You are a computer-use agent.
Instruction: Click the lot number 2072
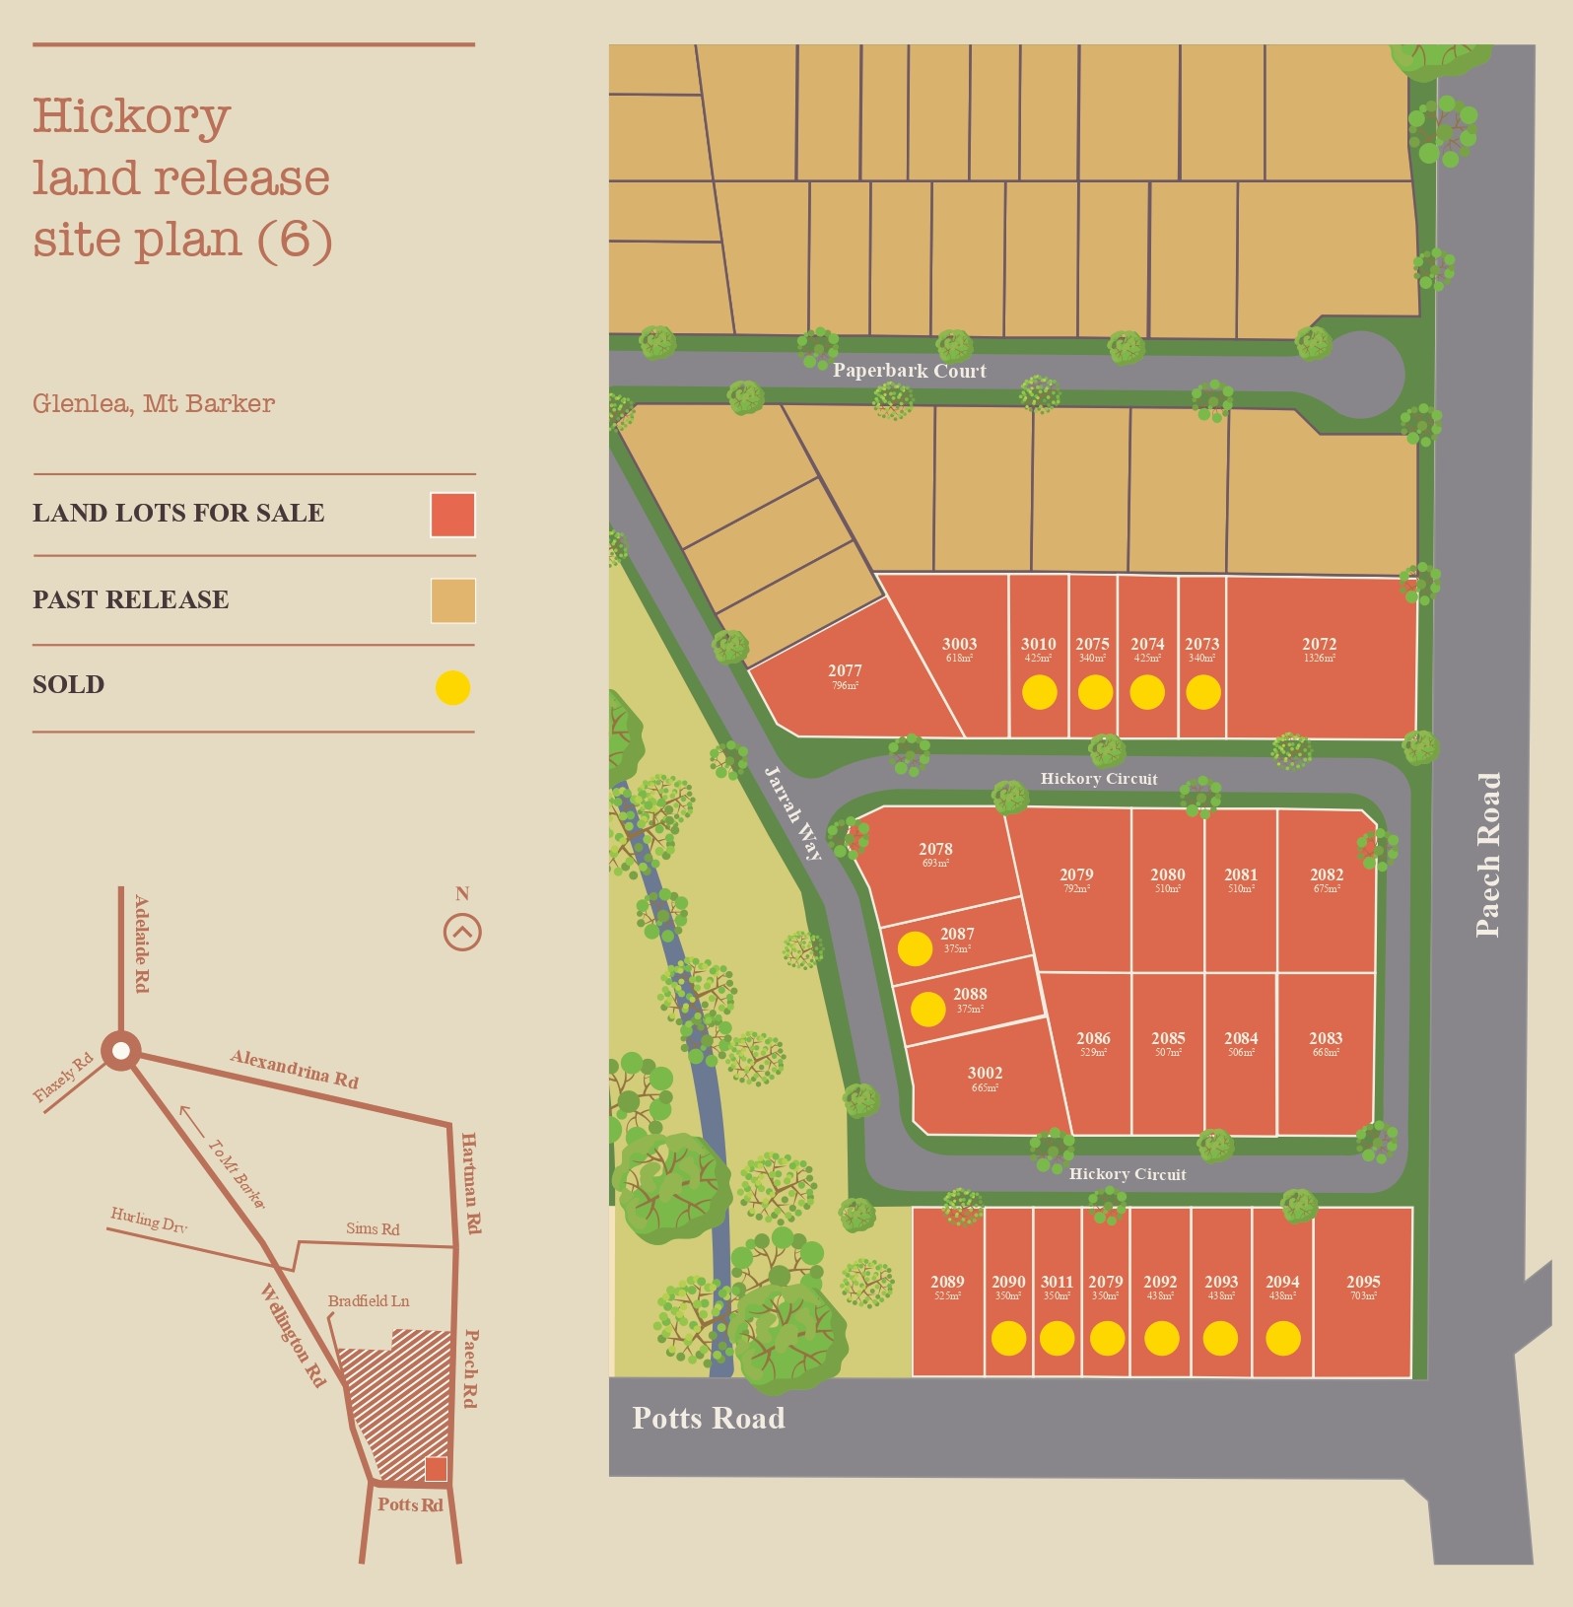(x=1319, y=645)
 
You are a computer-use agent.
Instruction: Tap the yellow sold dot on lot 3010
(x=1039, y=692)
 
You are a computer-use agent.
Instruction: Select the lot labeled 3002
(x=985, y=1074)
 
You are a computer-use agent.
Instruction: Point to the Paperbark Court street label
(x=909, y=371)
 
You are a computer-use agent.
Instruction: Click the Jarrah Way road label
(x=793, y=813)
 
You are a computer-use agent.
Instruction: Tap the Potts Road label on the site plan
(x=709, y=1419)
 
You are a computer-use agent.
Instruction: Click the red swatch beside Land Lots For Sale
(x=452, y=515)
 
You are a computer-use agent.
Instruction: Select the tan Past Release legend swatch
(x=452, y=600)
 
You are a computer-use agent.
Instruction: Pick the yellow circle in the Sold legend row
(x=452, y=687)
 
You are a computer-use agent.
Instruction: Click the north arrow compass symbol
(x=462, y=932)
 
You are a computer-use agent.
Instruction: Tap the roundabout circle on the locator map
(x=121, y=1051)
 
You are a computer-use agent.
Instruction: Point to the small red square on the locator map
(x=436, y=1469)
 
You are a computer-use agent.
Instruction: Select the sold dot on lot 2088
(x=927, y=1009)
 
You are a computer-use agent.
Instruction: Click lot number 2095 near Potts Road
(x=1363, y=1283)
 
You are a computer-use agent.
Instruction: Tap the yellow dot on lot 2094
(x=1282, y=1338)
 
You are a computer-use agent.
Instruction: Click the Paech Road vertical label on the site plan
(x=1488, y=855)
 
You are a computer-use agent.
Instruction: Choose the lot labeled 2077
(x=845, y=671)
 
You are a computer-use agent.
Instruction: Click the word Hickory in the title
(x=132, y=117)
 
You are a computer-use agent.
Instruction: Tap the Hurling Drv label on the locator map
(x=149, y=1221)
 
